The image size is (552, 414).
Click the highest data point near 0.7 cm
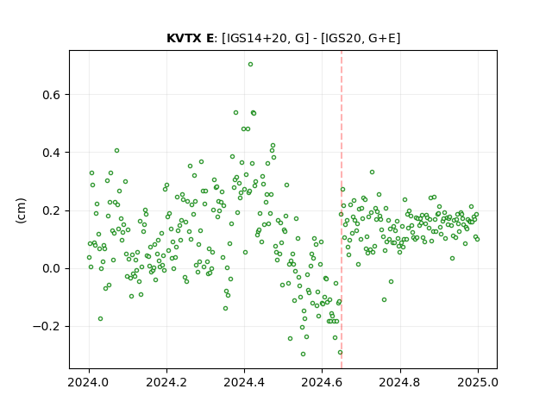[250, 65]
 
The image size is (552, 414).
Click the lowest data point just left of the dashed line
[340, 353]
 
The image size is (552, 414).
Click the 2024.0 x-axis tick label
[89, 382]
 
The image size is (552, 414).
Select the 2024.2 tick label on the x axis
[166, 382]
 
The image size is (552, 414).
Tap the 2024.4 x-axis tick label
[244, 382]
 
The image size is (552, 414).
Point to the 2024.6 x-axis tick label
[322, 382]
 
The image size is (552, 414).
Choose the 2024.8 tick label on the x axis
[400, 382]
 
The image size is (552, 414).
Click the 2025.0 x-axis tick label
[478, 382]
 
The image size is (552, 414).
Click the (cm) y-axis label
[21, 210]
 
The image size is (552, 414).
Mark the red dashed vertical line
[342, 210]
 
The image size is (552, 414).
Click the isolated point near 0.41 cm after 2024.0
[117, 151]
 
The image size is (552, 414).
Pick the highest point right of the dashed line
[372, 172]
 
